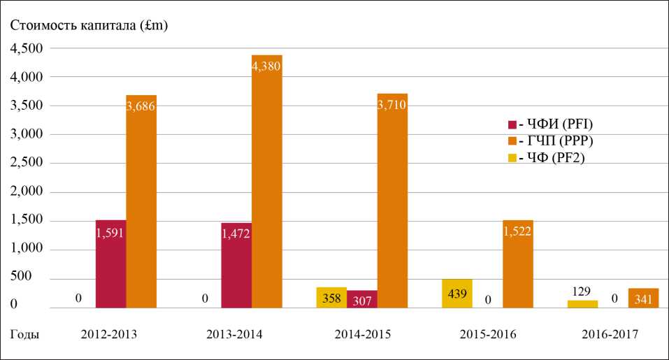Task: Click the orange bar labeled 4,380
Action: [266, 182]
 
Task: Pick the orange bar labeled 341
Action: [643, 298]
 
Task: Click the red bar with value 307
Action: [361, 299]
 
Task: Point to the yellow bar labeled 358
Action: [331, 298]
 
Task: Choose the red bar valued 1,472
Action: [236, 266]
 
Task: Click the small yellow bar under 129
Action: [582, 304]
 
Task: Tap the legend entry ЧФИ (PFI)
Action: [549, 125]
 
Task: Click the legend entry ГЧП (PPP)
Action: [549, 141]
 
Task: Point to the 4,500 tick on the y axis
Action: [25, 48]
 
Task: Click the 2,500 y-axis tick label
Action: [25, 163]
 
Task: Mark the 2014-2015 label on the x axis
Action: [361, 335]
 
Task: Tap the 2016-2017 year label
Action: [610, 335]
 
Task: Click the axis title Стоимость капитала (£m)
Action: [89, 26]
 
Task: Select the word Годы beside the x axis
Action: [24, 335]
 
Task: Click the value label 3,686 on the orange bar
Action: [141, 106]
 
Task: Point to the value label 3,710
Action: [391, 105]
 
